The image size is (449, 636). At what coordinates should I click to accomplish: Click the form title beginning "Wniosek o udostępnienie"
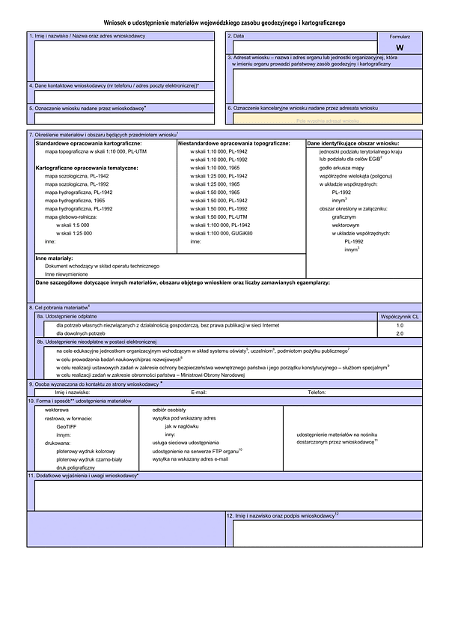point(224,23)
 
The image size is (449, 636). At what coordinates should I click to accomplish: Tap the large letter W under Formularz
point(400,46)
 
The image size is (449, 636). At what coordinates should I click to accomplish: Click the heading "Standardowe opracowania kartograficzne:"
point(88,142)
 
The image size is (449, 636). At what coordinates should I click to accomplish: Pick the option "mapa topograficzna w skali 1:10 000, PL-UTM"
point(95,151)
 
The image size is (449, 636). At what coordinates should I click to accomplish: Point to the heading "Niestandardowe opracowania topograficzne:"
point(239,142)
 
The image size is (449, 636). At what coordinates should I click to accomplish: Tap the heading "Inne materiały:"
point(54,258)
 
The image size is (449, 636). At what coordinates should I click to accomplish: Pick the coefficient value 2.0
point(400,333)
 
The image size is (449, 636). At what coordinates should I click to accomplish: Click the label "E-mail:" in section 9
point(198,392)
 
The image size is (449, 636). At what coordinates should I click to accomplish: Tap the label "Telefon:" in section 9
point(317,392)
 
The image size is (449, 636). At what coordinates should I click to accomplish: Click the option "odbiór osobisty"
point(169,411)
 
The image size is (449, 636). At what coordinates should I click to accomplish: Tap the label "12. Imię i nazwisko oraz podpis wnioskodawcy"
point(283,515)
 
